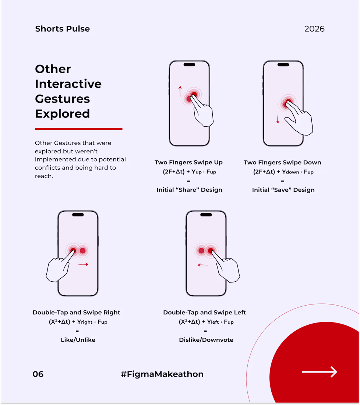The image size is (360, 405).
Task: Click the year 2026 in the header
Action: tap(314, 29)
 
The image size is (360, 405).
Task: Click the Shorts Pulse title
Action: tap(63, 29)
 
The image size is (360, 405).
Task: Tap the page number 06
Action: tap(38, 374)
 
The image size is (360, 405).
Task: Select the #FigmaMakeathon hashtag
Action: tap(162, 374)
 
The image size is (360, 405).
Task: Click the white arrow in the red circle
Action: tap(320, 372)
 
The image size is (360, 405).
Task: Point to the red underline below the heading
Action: tap(78, 129)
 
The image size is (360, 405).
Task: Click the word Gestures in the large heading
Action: tap(63, 99)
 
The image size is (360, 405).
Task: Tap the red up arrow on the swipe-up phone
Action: tap(180, 91)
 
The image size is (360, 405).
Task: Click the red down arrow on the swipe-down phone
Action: tap(278, 118)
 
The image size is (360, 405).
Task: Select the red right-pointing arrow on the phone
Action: tap(83, 264)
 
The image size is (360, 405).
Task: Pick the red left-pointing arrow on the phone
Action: tap(203, 265)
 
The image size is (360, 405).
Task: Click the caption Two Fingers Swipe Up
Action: tap(188, 162)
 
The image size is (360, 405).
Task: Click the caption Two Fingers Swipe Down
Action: tap(283, 162)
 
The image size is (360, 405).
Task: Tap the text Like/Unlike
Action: tap(78, 340)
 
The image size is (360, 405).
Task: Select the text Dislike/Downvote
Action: tap(206, 340)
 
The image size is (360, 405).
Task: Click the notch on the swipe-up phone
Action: tap(189, 65)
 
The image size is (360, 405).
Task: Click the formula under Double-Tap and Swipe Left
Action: tap(206, 322)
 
